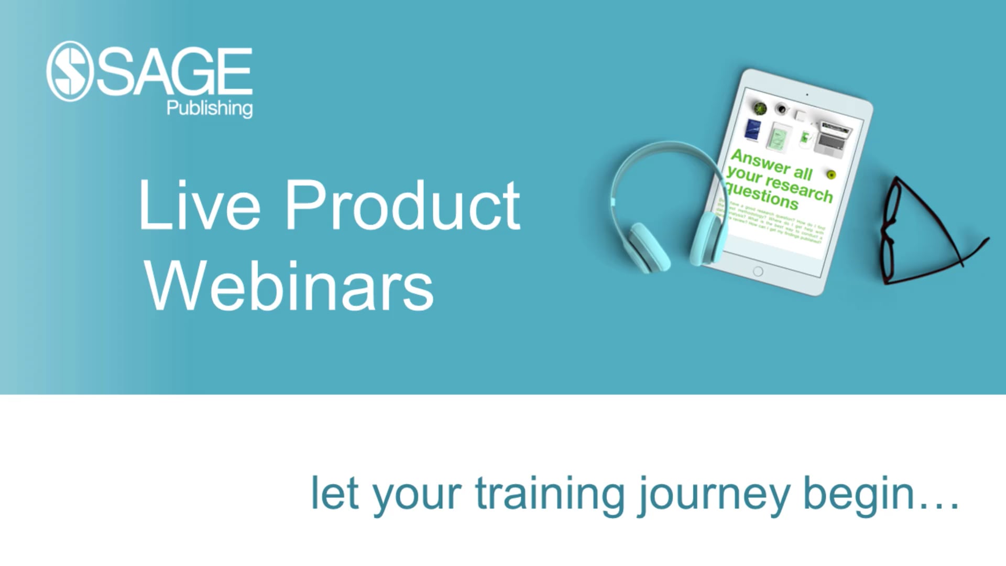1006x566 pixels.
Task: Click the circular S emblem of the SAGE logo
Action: point(69,71)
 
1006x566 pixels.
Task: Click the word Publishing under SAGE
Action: point(210,108)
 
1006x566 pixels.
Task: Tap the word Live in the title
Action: point(199,205)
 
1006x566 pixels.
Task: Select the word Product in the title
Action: point(402,205)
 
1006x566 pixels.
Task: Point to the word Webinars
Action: point(289,286)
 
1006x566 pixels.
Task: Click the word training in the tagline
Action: point(550,494)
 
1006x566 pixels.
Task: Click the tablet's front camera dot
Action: point(807,95)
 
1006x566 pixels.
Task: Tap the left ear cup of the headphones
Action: point(649,246)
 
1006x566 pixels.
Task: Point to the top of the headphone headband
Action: point(665,147)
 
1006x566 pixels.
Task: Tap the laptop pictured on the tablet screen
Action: point(833,137)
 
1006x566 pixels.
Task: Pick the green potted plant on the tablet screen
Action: point(760,108)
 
